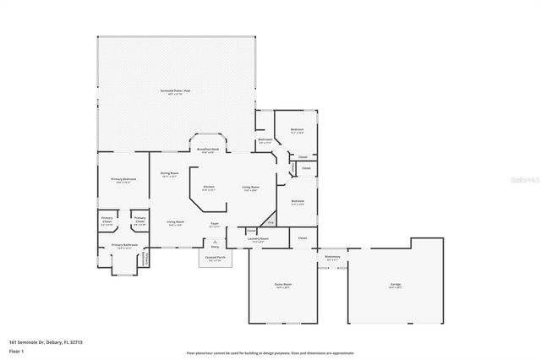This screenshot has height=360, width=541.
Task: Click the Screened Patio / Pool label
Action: pos(174,90)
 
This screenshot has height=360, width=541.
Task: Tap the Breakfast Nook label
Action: pos(209,150)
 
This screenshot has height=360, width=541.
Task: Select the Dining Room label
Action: pos(169,173)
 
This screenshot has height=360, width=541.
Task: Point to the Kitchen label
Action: pos(209,187)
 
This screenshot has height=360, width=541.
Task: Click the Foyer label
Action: pos(215,224)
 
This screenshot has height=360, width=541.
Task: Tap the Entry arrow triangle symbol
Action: pos(215,241)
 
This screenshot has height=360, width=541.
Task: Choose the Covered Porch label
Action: pos(215,256)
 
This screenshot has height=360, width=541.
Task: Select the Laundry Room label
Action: pos(258,239)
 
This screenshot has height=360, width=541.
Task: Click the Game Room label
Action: pos(281,285)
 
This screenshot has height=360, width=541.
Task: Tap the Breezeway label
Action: pos(332,256)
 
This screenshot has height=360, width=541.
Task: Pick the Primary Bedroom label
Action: pos(123,179)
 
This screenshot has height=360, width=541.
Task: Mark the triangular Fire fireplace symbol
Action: pos(270,223)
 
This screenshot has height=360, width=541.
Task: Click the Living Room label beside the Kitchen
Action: pos(250,187)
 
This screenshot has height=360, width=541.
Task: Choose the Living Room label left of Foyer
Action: pos(176,224)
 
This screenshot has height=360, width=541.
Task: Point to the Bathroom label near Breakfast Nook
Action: pos(265,140)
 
